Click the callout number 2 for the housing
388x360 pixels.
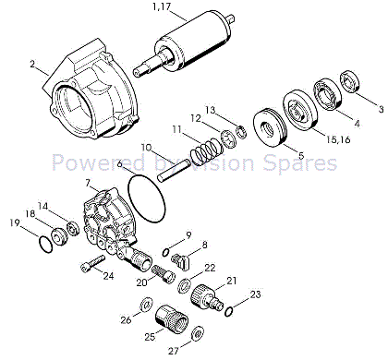tap(32, 65)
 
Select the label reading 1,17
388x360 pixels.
tap(161, 6)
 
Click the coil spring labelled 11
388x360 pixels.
tap(207, 151)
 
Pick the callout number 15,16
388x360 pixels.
tap(338, 139)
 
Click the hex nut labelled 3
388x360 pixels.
tap(351, 81)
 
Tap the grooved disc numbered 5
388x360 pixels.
tap(271, 127)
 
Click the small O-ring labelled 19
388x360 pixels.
tap(46, 245)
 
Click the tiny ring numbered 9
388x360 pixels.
tap(165, 253)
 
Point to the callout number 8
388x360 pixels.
tap(204, 246)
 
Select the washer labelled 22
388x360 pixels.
tap(186, 285)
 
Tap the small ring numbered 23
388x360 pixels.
tap(229, 311)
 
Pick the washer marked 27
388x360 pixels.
tap(198, 333)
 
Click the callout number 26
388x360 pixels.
tap(126, 320)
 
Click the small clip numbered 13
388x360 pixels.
tap(242, 132)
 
